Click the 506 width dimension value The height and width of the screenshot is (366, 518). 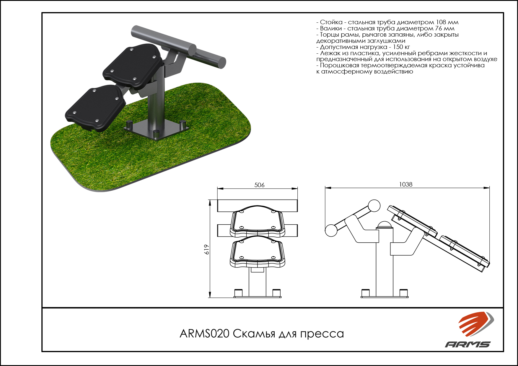point(259,185)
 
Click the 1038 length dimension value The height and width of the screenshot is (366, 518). point(405,184)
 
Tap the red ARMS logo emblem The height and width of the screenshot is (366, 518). point(476,324)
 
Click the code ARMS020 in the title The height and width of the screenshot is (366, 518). point(204,334)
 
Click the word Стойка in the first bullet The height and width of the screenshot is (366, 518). point(331,22)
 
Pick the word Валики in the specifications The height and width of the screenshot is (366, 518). point(331,28)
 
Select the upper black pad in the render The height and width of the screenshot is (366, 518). point(133,66)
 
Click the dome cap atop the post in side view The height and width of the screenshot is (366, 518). point(385,224)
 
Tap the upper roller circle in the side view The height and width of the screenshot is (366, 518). point(374,206)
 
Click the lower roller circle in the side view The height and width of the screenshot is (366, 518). point(331,231)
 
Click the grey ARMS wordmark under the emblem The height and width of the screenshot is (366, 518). point(467,344)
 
